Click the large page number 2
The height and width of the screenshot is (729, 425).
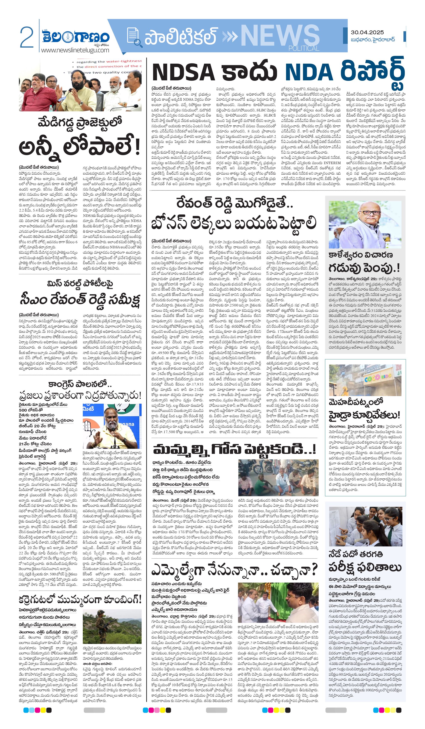click(x=27, y=37)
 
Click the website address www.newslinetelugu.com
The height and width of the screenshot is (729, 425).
click(x=75, y=50)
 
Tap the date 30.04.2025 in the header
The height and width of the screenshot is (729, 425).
click(x=367, y=32)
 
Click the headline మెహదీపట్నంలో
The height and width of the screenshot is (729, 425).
click(x=356, y=402)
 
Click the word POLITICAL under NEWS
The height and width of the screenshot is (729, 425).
click(x=303, y=48)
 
